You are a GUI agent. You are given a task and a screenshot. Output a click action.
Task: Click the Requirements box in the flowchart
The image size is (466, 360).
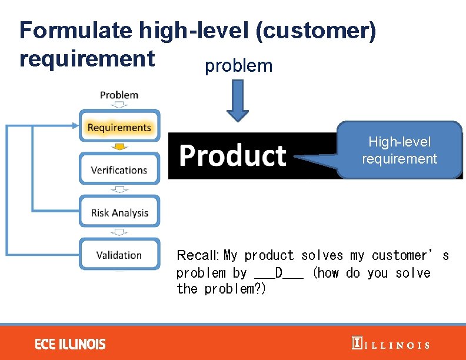tap(119, 127)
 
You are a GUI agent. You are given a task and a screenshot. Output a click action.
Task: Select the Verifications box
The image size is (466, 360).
tap(119, 170)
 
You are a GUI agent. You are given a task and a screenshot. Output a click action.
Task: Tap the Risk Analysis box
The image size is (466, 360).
tap(119, 213)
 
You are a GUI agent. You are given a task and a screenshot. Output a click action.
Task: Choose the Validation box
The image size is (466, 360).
tap(119, 255)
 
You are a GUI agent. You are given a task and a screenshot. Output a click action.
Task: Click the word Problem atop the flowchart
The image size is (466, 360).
tap(119, 95)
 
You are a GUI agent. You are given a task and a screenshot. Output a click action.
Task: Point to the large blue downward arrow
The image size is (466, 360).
tap(238, 101)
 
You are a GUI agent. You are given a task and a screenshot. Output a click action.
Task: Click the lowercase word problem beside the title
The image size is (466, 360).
tap(238, 66)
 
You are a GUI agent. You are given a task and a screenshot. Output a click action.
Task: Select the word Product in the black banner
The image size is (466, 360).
tap(232, 156)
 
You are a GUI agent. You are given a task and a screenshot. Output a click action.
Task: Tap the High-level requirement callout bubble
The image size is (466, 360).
tap(400, 150)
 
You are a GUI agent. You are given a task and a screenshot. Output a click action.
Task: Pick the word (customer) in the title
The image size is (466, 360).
tap(315, 31)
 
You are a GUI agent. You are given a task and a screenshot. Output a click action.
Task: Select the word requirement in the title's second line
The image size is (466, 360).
tap(87, 59)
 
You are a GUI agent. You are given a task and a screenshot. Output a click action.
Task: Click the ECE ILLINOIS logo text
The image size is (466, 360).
tap(70, 344)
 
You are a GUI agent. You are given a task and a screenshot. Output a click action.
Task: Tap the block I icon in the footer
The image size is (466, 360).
tap(357, 344)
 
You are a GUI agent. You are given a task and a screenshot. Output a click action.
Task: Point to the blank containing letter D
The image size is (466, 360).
tap(279, 273)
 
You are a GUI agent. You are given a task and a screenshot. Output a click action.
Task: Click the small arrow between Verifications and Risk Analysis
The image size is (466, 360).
tap(119, 189)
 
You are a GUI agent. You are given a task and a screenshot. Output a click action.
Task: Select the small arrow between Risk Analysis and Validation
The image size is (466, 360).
tap(119, 232)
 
